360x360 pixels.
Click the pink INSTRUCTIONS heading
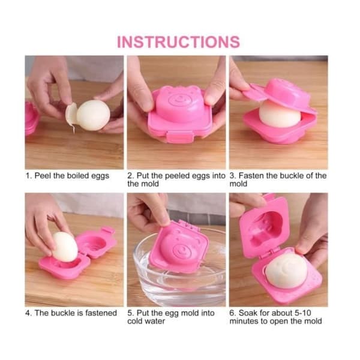[x=178, y=42]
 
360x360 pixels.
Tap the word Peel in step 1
[x=43, y=176]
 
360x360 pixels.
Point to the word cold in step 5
[x=136, y=321]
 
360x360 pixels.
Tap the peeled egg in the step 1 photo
[x=93, y=115]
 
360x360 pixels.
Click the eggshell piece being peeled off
[x=71, y=115]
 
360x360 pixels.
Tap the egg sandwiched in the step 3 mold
[x=280, y=115]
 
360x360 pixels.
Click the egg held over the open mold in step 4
[x=65, y=247]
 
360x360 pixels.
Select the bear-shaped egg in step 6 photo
[x=286, y=271]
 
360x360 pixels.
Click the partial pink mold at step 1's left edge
[x=31, y=118]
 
